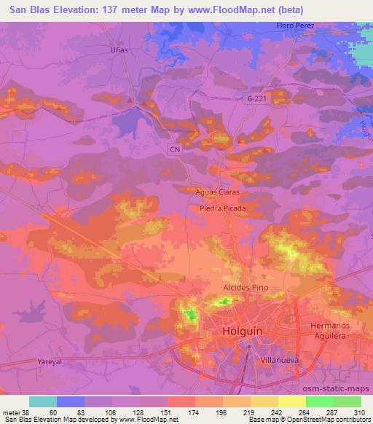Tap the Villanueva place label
277,360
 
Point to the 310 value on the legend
359,412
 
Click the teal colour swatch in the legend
42,401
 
